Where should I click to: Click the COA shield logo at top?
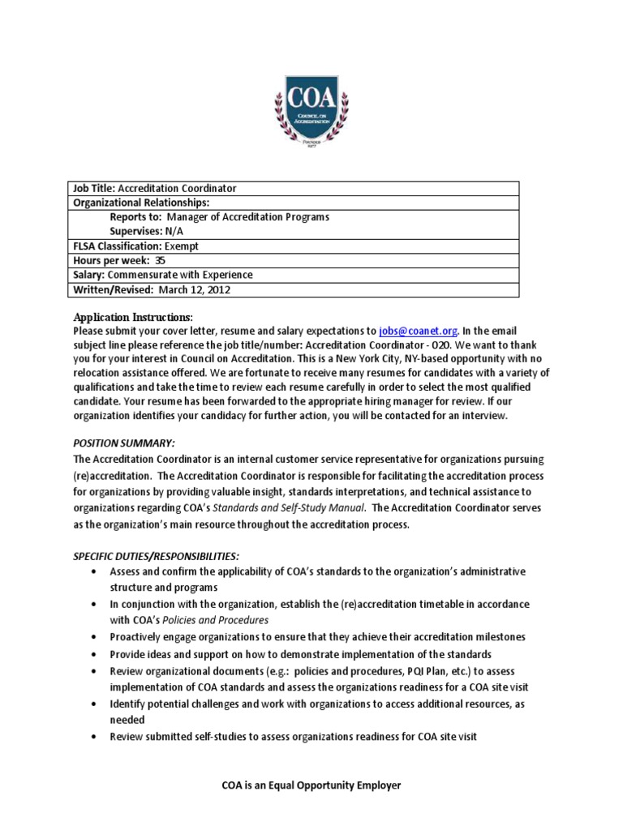[311, 110]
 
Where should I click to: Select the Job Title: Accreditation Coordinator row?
[155, 188]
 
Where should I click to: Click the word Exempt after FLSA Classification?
[182, 246]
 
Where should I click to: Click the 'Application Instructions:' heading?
[134, 316]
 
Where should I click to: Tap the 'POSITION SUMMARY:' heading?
[124, 443]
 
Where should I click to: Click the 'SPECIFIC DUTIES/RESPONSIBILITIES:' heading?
[157, 556]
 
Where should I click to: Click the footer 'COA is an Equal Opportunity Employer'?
[311, 785]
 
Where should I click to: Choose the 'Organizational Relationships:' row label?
[141, 203]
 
